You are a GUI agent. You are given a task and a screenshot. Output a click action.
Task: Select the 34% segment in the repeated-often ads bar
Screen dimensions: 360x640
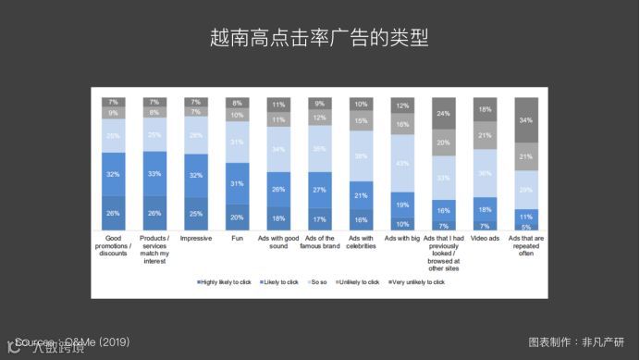(x=526, y=120)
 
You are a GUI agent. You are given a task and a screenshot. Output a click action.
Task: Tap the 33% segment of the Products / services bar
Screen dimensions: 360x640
(x=154, y=173)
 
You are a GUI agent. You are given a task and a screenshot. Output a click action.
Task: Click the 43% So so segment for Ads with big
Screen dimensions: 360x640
(x=401, y=163)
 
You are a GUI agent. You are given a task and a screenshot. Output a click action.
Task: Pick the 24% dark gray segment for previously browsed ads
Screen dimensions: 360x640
(x=443, y=113)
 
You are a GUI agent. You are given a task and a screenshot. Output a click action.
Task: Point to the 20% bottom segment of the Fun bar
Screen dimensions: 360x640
(x=237, y=217)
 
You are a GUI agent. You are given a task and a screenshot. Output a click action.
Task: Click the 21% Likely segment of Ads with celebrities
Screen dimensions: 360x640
(x=361, y=195)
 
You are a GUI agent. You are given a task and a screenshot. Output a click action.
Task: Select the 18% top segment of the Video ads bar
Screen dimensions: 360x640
(x=485, y=109)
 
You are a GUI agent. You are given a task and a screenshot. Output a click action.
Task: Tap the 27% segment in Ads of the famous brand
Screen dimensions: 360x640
(x=319, y=189)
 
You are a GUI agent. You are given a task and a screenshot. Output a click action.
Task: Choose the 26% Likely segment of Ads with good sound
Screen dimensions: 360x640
(x=278, y=189)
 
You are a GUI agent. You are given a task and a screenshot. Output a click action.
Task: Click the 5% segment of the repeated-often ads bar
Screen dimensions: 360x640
(x=526, y=226)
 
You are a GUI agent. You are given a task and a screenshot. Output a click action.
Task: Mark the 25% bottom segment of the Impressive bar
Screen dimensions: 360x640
(x=195, y=214)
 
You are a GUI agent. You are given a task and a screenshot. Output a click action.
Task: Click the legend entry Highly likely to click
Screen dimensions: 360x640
(x=221, y=281)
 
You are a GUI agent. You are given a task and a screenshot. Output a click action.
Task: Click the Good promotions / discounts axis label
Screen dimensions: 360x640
(x=112, y=244)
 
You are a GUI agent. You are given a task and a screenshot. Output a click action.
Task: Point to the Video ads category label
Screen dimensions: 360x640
(x=485, y=239)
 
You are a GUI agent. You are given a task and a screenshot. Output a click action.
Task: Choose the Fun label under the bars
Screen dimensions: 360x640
(x=237, y=239)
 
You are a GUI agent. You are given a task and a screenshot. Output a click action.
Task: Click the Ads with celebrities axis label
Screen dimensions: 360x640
(x=361, y=244)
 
